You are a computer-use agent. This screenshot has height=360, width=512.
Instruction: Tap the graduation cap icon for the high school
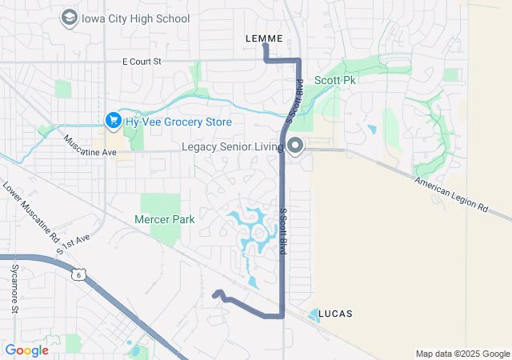click(x=69, y=18)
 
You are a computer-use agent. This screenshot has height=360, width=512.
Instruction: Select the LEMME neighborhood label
click(x=264, y=38)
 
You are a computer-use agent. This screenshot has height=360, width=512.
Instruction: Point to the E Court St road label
click(x=142, y=61)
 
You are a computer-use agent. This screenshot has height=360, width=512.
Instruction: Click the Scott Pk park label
click(x=336, y=81)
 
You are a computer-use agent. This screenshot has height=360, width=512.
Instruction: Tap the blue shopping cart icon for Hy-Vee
click(x=113, y=122)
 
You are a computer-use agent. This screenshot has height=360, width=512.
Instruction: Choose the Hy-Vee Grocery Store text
click(x=178, y=122)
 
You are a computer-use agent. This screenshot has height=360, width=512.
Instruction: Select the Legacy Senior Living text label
click(x=232, y=147)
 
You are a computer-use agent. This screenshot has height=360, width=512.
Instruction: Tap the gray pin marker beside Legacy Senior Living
click(x=295, y=146)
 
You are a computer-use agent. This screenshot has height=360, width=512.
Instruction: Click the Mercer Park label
click(x=164, y=218)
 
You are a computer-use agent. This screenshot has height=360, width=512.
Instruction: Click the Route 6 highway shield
click(x=78, y=275)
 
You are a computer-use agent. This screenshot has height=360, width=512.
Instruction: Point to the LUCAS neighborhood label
click(x=335, y=313)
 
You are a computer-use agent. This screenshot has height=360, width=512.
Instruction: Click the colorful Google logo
click(x=26, y=350)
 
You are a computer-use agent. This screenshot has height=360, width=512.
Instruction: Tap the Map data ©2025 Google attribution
click(x=462, y=354)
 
